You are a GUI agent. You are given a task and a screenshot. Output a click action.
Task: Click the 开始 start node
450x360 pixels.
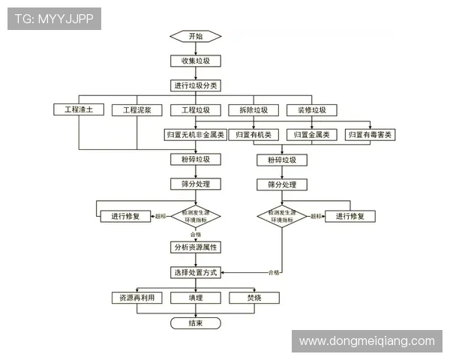[x=195, y=36]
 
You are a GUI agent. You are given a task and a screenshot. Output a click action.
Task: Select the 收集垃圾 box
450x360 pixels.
[x=195, y=61]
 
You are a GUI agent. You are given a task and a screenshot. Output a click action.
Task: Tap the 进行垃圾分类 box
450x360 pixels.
[x=195, y=85]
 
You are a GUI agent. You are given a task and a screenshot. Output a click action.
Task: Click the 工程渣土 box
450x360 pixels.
[x=78, y=110]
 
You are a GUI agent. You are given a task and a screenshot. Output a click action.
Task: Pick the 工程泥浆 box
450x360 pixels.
[x=137, y=110]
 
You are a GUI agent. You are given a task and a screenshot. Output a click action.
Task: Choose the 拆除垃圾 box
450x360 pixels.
[x=253, y=110]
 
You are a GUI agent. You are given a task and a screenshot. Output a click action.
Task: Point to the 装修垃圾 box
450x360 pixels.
[x=312, y=110]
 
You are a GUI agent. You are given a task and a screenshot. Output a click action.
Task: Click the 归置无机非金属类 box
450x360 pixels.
[x=195, y=135]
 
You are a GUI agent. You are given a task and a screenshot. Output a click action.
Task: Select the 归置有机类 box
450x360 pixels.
[x=253, y=135]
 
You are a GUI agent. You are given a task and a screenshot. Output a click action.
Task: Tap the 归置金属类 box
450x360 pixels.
[x=312, y=135]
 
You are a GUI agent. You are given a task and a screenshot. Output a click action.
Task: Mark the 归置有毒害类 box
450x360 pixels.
[x=370, y=135]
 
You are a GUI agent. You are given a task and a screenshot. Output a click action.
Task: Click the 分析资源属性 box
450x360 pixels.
[x=195, y=247]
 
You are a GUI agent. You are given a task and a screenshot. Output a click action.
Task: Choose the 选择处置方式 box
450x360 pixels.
[x=195, y=272]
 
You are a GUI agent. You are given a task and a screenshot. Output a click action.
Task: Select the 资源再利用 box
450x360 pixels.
[x=136, y=298]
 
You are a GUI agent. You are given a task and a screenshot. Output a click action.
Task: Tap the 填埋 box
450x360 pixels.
[x=195, y=298]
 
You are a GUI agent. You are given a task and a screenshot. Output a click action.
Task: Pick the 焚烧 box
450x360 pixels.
[x=253, y=298]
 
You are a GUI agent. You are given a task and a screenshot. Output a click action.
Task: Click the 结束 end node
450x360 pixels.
[x=195, y=323]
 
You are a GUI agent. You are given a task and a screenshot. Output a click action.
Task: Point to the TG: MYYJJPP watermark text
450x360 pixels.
[x=54, y=19]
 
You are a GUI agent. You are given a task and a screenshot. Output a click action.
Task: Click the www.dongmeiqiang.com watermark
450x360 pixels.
[x=367, y=341]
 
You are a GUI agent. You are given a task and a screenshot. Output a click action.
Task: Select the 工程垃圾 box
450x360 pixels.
[x=195, y=110]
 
